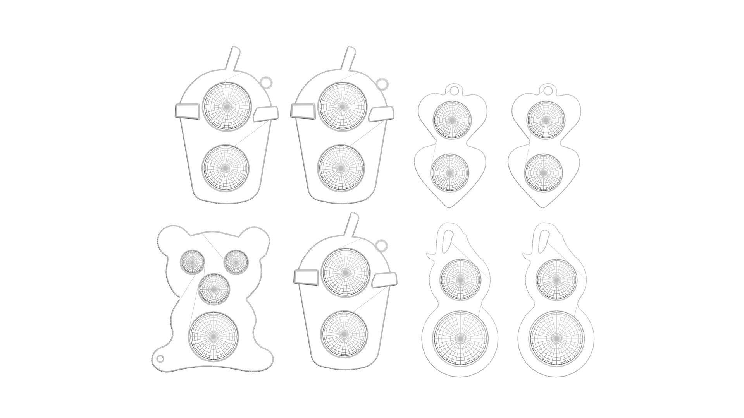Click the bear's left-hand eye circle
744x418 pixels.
point(192,262)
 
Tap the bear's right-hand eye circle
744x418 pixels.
point(236,262)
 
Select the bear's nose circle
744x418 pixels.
point(214,289)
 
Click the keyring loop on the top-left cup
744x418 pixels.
point(267,82)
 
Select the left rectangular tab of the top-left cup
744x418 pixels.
point(186,111)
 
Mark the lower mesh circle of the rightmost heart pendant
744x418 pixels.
point(543,173)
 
